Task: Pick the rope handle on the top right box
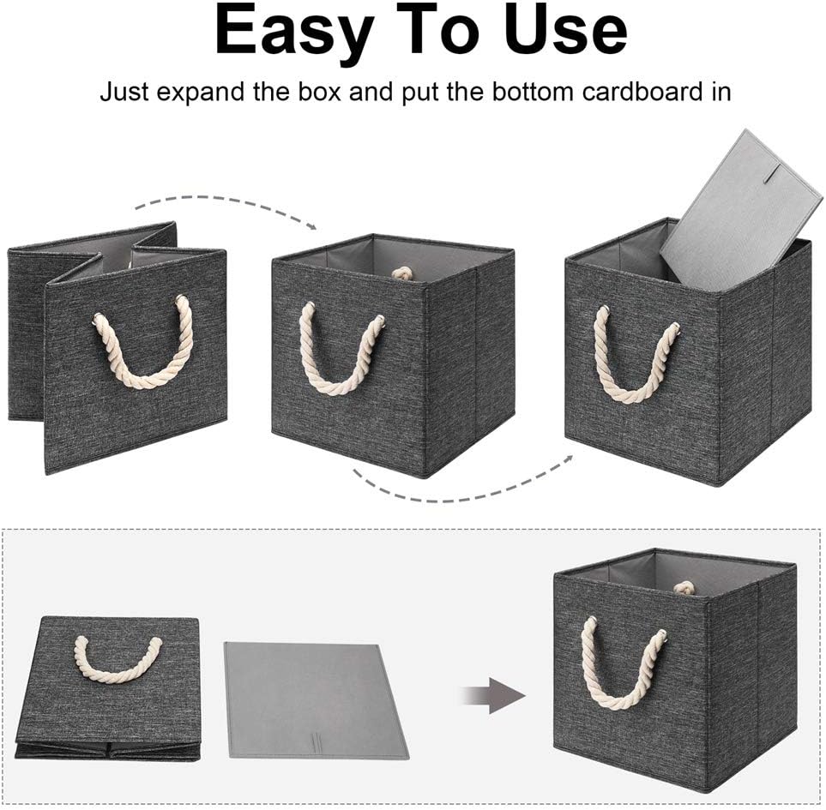[x=636, y=360]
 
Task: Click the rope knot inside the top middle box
[x=402, y=273]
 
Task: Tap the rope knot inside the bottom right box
[x=683, y=588]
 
